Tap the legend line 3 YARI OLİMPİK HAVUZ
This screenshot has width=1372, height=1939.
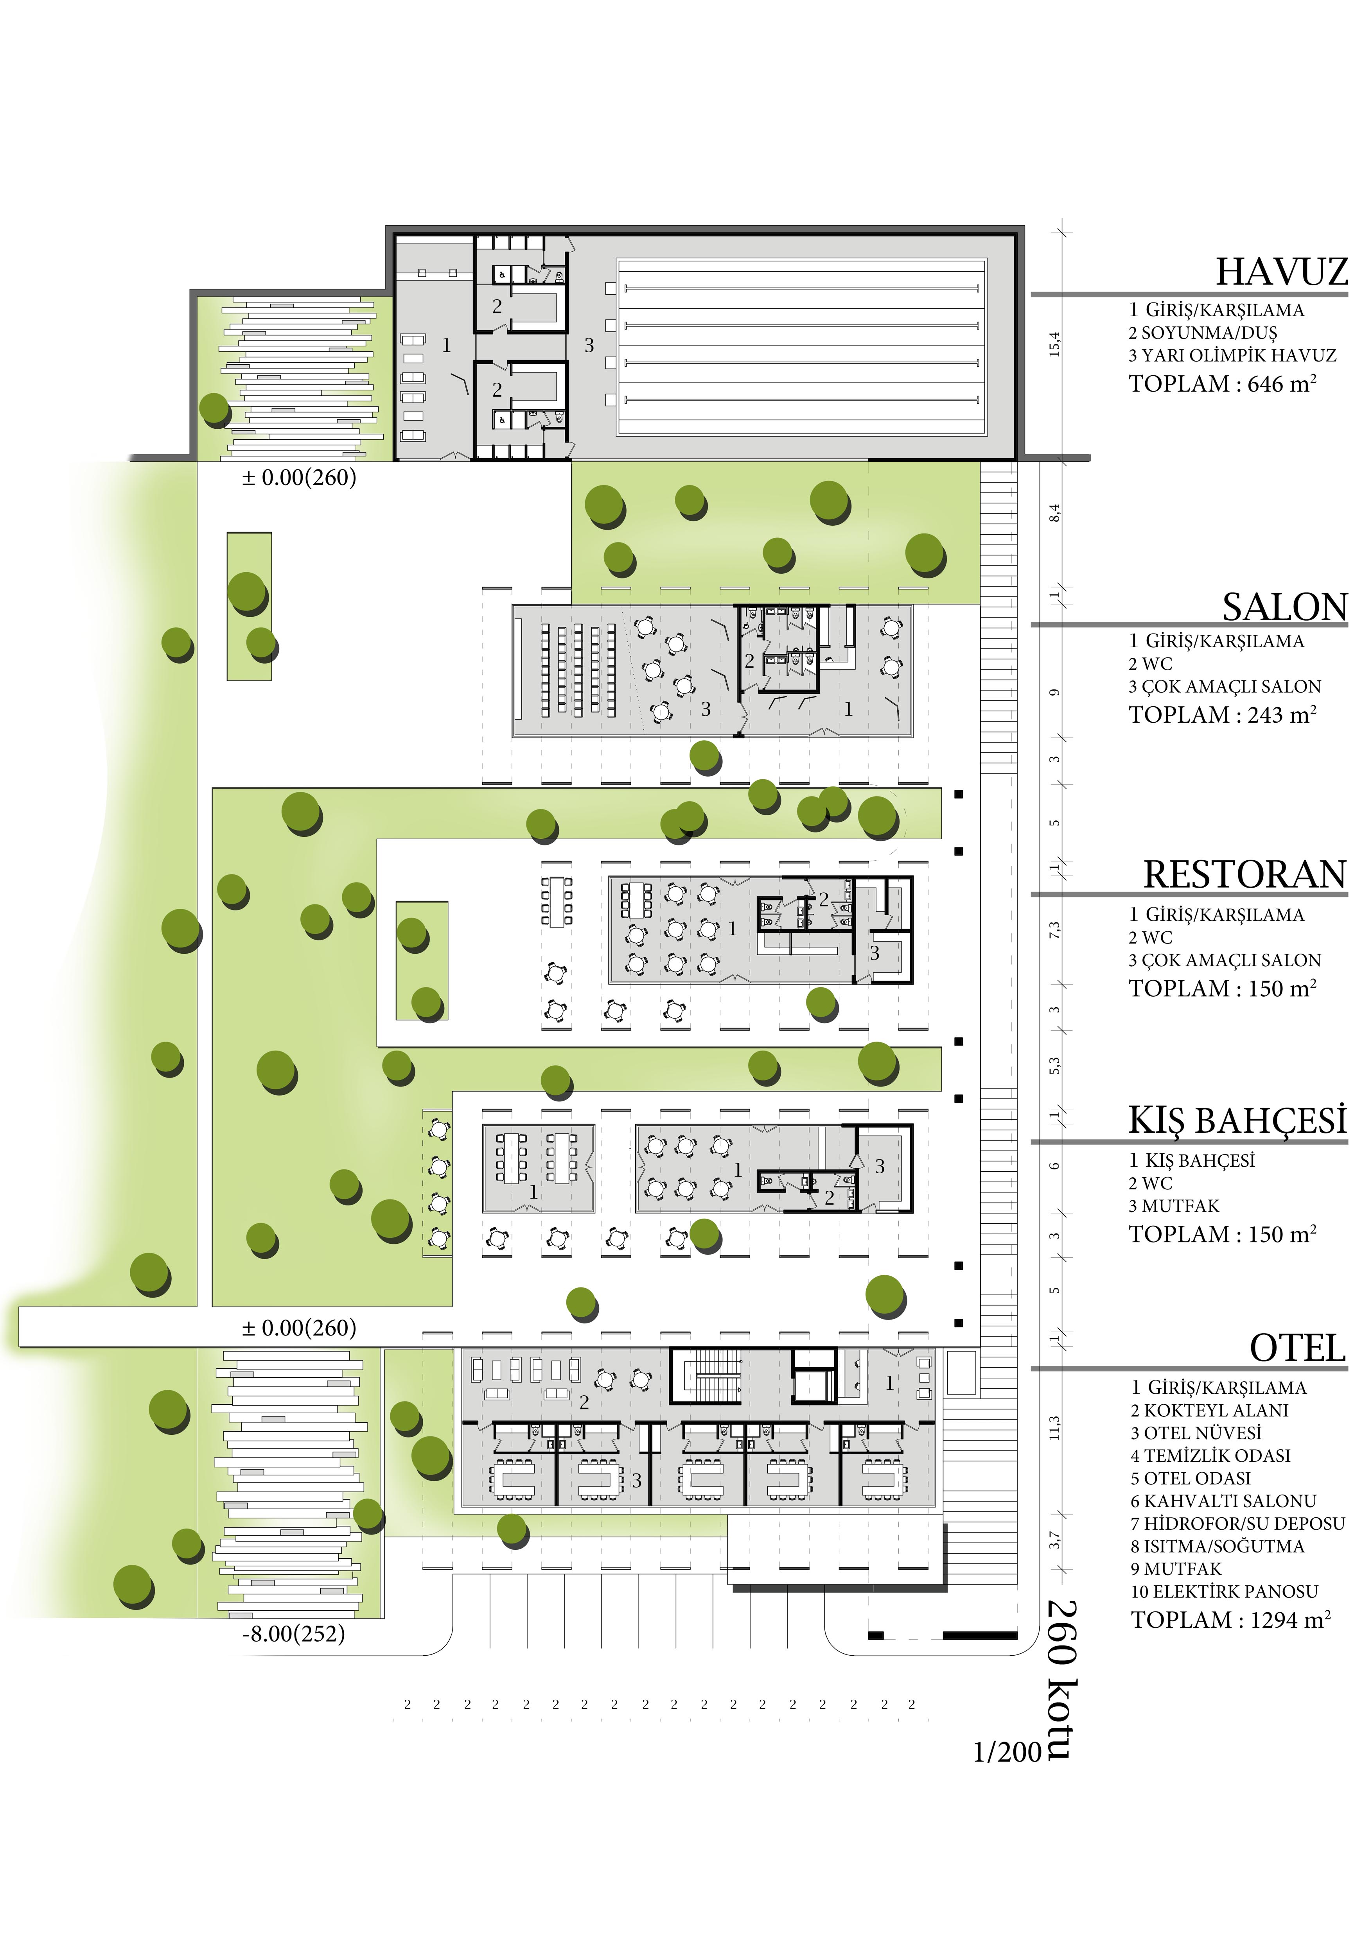pyautogui.click(x=1233, y=356)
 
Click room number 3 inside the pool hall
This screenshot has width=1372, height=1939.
pyautogui.click(x=589, y=346)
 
